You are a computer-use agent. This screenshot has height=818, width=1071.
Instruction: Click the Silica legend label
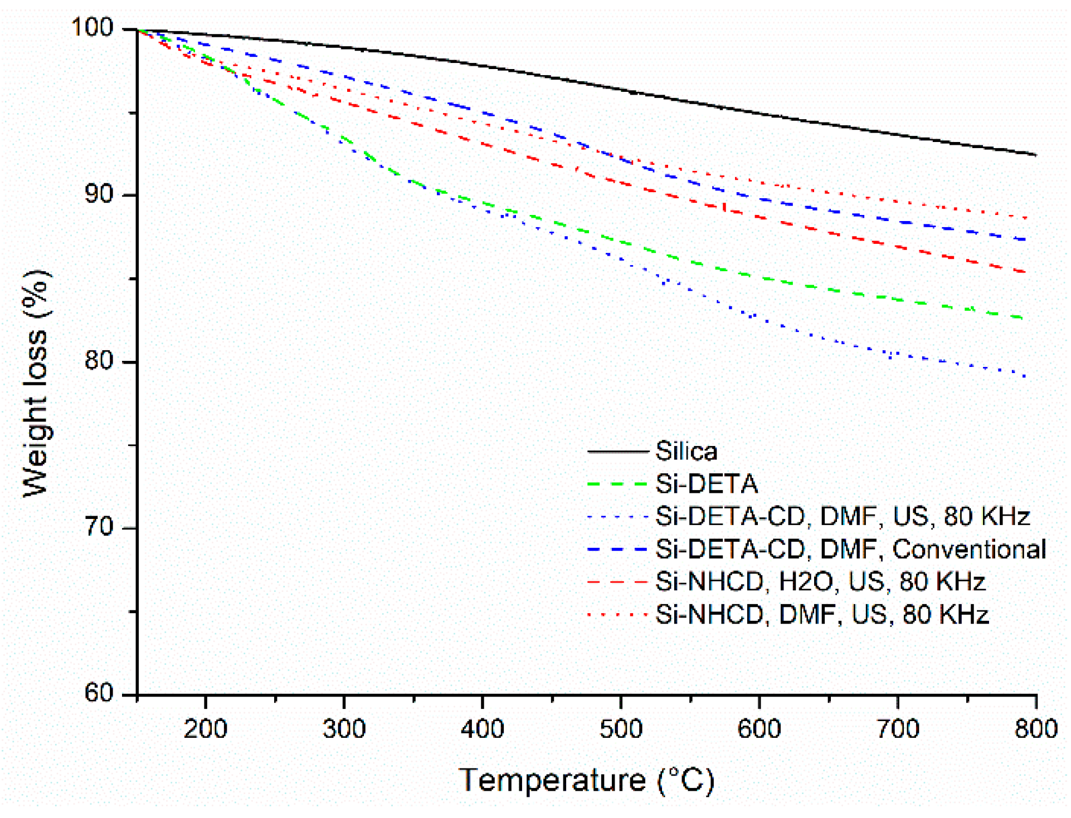point(686,451)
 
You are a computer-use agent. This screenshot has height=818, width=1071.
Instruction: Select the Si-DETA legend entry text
point(706,484)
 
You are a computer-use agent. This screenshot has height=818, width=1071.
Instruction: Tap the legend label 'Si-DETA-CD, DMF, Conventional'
point(850,550)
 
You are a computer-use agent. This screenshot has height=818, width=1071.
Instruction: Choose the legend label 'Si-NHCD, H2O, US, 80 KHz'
point(820,582)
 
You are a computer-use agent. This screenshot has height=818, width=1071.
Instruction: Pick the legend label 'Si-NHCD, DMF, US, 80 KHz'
point(821,615)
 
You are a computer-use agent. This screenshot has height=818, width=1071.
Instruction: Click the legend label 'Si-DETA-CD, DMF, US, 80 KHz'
point(842,517)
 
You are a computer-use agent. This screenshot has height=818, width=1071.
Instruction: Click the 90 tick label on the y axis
point(99,194)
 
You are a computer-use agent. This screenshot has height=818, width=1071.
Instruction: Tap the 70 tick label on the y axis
point(99,526)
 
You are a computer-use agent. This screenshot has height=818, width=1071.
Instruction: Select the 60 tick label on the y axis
point(99,693)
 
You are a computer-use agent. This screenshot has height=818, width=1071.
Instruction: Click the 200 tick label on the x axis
point(206,729)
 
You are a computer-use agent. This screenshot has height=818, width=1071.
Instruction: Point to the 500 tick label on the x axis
point(621,729)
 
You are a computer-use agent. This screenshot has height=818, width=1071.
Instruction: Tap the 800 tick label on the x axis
point(1036,729)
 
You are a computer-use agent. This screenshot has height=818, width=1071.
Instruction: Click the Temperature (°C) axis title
point(586,781)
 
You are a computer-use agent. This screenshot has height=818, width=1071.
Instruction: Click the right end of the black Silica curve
point(1035,155)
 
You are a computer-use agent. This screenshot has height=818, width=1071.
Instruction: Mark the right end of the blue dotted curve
point(1025,377)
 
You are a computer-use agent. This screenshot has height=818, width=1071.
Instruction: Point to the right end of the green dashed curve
point(1023,318)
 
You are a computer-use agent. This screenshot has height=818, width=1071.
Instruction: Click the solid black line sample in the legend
point(618,452)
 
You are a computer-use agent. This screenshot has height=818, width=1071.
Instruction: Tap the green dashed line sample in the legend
point(618,484)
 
